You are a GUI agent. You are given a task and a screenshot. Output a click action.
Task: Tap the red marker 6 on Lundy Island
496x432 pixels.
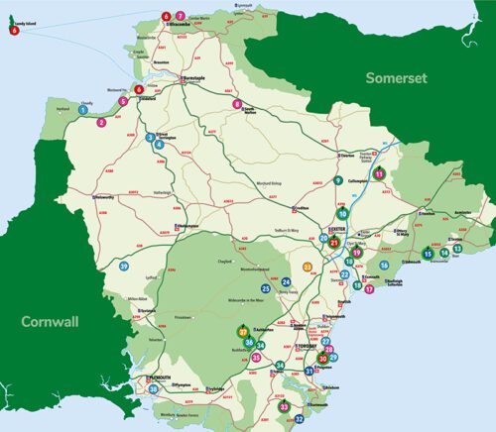click(x=15, y=31)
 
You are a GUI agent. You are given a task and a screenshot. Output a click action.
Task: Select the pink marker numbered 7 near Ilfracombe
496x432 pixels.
click(x=181, y=16)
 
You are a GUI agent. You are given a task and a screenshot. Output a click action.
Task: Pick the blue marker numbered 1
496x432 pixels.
click(x=82, y=110)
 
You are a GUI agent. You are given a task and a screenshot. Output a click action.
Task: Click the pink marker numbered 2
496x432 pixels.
click(x=101, y=123)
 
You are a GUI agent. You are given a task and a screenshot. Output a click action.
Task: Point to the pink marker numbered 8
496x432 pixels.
click(x=237, y=103)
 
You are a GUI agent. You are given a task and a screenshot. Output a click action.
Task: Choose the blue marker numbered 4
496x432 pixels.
click(x=159, y=145)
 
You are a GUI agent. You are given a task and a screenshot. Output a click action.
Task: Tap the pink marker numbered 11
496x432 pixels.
click(x=379, y=174)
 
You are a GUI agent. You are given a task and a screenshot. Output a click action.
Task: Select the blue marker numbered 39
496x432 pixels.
click(x=124, y=267)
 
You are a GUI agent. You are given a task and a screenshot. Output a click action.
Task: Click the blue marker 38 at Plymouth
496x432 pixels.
click(x=153, y=389)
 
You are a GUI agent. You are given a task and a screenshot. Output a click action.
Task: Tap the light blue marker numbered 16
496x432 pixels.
click(x=384, y=266)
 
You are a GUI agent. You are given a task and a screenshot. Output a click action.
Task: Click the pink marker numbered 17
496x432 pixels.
click(x=369, y=290)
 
